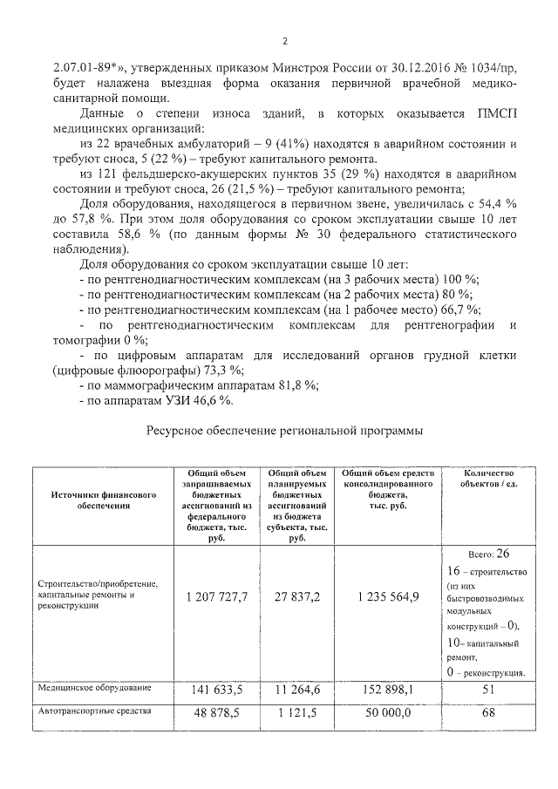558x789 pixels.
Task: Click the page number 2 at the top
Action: coord(284,41)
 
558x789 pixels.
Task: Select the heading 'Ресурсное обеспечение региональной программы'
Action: coord(284,431)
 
